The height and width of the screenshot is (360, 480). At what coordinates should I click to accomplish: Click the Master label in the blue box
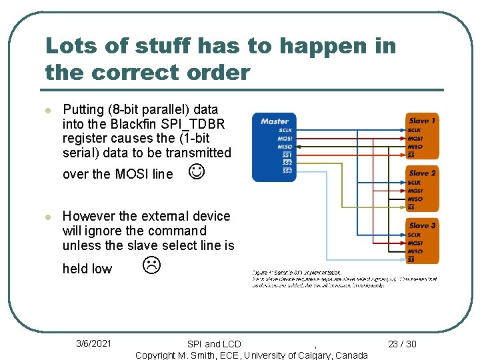(274, 121)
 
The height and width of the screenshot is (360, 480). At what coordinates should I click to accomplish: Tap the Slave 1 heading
(423, 121)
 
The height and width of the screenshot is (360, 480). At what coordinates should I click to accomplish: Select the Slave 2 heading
(423, 173)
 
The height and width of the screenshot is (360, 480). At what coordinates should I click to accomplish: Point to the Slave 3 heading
(423, 225)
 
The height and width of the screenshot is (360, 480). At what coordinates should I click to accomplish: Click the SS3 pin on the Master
(287, 171)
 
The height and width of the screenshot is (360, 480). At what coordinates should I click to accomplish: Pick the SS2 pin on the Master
(287, 163)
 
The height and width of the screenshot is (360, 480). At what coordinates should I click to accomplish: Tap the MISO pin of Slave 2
(415, 199)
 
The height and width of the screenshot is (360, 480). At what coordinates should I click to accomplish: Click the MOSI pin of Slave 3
(415, 243)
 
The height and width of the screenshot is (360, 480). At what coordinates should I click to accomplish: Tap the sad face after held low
(151, 266)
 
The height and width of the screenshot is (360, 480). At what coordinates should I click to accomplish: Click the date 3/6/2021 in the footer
(93, 343)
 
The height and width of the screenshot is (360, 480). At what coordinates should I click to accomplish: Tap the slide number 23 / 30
(402, 344)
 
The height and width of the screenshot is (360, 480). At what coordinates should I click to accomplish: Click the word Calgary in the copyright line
(310, 355)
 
